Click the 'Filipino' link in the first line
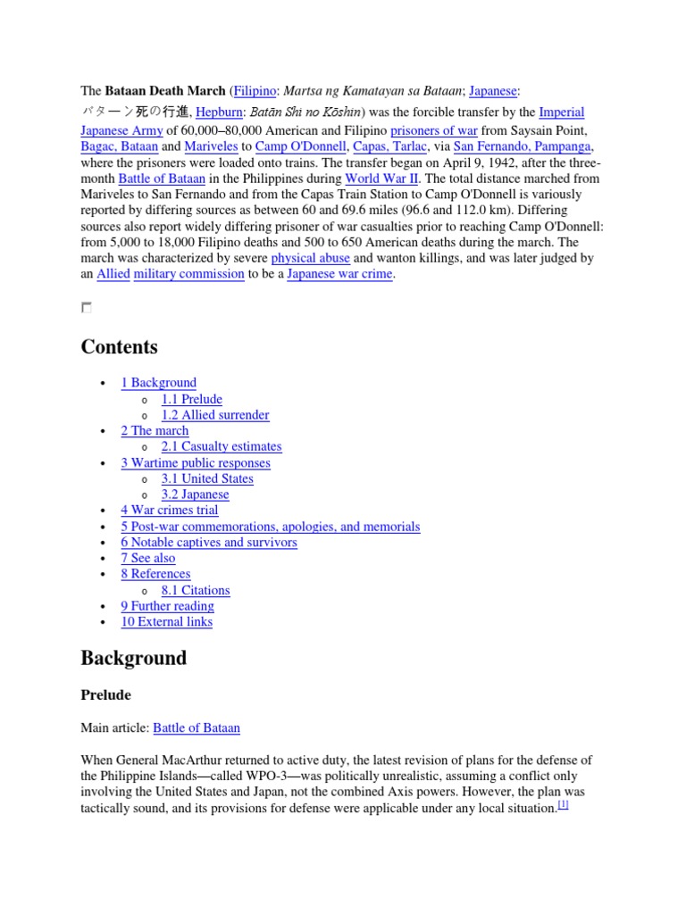pos(255,91)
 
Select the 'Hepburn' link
pos(218,112)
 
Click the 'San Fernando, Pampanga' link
pos(523,146)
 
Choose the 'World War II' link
pos(381,179)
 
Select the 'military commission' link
pos(188,274)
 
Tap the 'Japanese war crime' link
pos(340,274)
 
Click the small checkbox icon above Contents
pos(86,308)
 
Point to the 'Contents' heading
pos(119,347)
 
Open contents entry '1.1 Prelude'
pos(192,399)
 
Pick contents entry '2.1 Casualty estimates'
pos(222,446)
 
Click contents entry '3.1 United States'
pos(207,478)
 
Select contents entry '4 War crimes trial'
pos(170,511)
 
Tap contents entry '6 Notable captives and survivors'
pos(209,543)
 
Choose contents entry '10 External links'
pos(167,622)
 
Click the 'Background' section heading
pos(134,659)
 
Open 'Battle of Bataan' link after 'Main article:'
pos(197,728)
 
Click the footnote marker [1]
pos(563,805)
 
